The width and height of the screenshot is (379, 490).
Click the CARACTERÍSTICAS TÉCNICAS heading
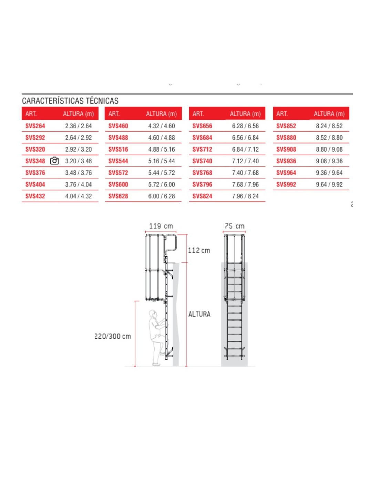(70, 101)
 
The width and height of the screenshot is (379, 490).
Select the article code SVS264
(35, 126)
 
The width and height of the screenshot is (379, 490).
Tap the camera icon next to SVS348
(54, 161)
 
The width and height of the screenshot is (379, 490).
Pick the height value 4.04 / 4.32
(79, 196)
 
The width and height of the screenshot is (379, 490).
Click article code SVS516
(118, 150)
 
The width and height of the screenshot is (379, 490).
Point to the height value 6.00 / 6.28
(162, 196)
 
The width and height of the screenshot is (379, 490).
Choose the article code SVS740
(202, 161)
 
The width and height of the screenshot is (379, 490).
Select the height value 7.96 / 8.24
(245, 196)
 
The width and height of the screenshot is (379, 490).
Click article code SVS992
(286, 185)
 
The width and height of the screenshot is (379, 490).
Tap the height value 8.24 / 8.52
(329, 126)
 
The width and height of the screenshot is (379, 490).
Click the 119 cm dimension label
(161, 226)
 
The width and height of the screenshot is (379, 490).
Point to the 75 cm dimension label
(235, 226)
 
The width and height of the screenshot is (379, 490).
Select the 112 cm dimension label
(199, 251)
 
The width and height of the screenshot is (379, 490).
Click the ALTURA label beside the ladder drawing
(199, 314)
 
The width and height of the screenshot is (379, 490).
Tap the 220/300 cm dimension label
(113, 336)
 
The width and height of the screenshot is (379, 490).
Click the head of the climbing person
(152, 314)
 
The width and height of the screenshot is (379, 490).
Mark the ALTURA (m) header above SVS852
(329, 114)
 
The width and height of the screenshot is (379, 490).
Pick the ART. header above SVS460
(114, 114)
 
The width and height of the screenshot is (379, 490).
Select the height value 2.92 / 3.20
(79, 150)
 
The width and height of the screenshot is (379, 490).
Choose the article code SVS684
(202, 138)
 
